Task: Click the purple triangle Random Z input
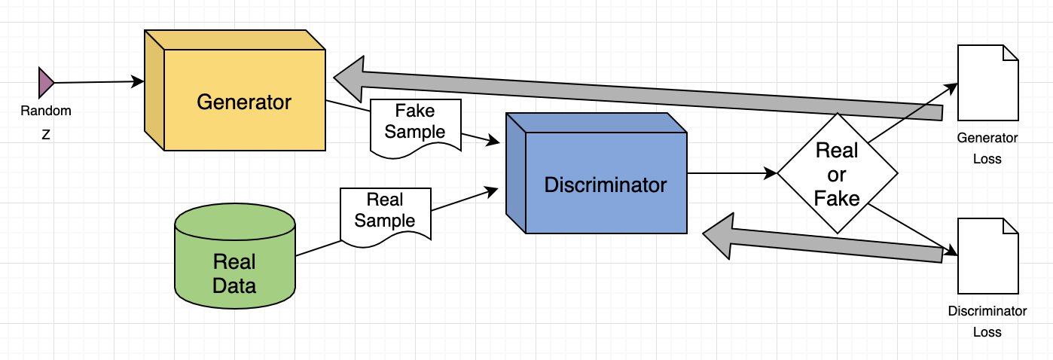tap(46, 81)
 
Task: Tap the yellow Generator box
tap(243, 102)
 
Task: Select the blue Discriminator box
tap(606, 184)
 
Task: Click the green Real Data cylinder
tap(234, 264)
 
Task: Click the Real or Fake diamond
tap(837, 172)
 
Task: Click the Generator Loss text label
tap(987, 148)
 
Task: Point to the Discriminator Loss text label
tap(987, 321)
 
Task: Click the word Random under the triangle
tap(46, 111)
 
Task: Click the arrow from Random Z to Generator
tap(98, 81)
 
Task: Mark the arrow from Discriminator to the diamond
tap(731, 173)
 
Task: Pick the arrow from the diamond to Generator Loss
tap(911, 113)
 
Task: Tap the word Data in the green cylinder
tap(234, 286)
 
